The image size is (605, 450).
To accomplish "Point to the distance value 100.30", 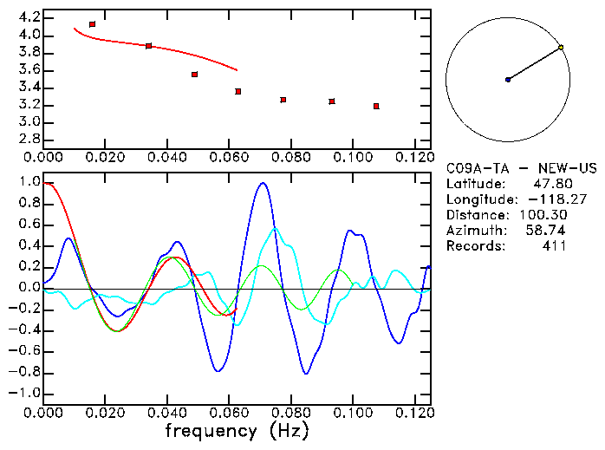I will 543,215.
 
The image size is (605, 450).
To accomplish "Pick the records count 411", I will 556,246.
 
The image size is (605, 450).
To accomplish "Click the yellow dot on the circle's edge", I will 562,47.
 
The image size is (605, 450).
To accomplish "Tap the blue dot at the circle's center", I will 508,80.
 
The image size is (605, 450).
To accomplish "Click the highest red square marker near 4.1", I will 93,24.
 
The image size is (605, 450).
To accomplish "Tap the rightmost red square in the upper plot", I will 376,106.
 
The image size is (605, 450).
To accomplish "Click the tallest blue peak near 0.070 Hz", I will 263,183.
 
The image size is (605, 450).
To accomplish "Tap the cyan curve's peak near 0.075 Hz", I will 276,228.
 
